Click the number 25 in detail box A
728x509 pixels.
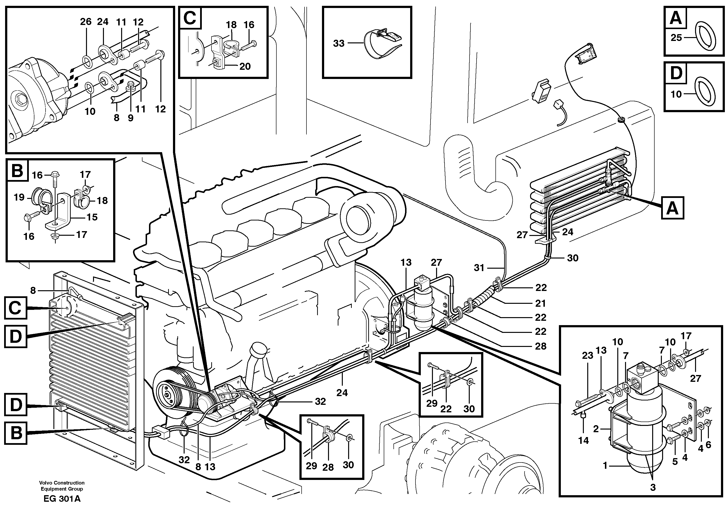pyautogui.click(x=676, y=38)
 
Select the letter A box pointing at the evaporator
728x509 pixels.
pyautogui.click(x=672, y=208)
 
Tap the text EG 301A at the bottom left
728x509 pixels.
pyautogui.click(x=62, y=499)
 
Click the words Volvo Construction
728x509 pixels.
pyautogui.click(x=62, y=483)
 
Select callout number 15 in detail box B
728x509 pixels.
pyautogui.click(x=92, y=217)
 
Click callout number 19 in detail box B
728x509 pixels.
pyautogui.click(x=19, y=197)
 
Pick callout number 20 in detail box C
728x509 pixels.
pyautogui.click(x=245, y=66)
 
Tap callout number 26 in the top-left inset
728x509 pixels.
pyautogui.click(x=86, y=22)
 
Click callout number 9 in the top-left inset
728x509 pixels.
pyautogui.click(x=131, y=118)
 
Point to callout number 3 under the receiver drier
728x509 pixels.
pyautogui.click(x=653, y=487)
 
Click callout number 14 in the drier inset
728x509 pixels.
pyautogui.click(x=583, y=440)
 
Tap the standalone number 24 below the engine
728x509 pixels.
pyautogui.click(x=342, y=393)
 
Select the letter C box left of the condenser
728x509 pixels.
pyautogui.click(x=15, y=308)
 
